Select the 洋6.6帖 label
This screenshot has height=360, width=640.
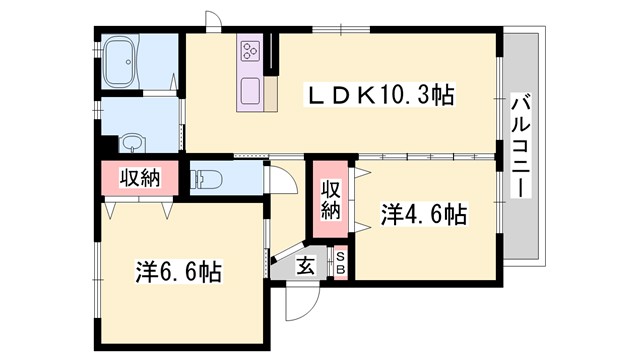179,270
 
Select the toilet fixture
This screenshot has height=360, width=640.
205,179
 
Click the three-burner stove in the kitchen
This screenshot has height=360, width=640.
249,50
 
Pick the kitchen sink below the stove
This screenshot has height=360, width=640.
248,88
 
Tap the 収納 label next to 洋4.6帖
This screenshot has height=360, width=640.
331,199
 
